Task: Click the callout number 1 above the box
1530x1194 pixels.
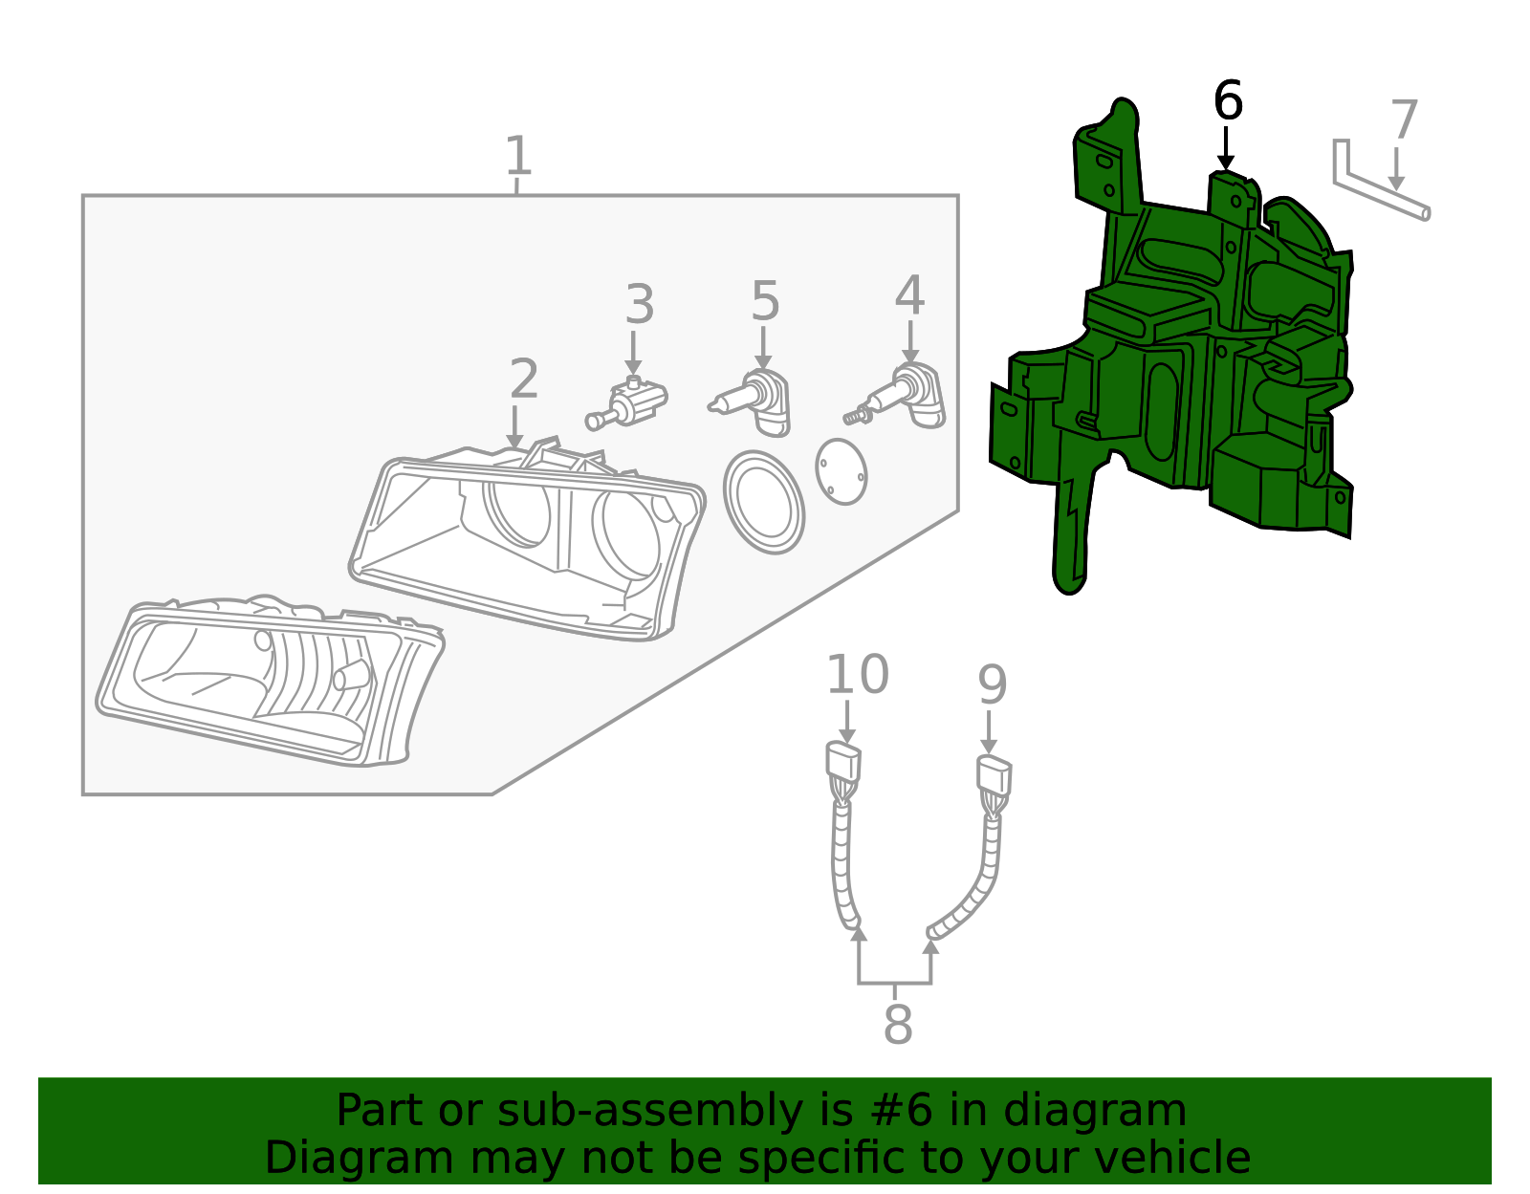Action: pyautogui.click(x=517, y=156)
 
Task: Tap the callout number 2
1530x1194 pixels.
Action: pyautogui.click(x=523, y=380)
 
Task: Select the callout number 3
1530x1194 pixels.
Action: pyautogui.click(x=639, y=305)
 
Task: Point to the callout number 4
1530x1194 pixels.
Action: pyautogui.click(x=909, y=295)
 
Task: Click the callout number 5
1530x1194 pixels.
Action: pyautogui.click(x=765, y=301)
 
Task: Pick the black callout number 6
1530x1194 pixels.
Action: pyautogui.click(x=1228, y=100)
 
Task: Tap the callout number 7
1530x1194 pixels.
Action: pyautogui.click(x=1403, y=120)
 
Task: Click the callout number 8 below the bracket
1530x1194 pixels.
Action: pyautogui.click(x=897, y=1024)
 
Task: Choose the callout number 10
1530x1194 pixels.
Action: pyautogui.click(x=857, y=675)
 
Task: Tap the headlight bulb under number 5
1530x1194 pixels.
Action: pyautogui.click(x=755, y=402)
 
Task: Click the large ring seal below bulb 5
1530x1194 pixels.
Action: pyautogui.click(x=763, y=502)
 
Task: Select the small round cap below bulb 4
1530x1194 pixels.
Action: pyautogui.click(x=841, y=471)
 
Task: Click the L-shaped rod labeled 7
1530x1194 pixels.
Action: pyautogui.click(x=1377, y=188)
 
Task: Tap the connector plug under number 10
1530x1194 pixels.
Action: pyautogui.click(x=842, y=763)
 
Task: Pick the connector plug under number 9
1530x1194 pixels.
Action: pyautogui.click(x=994, y=774)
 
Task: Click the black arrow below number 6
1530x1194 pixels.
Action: pyautogui.click(x=1225, y=149)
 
